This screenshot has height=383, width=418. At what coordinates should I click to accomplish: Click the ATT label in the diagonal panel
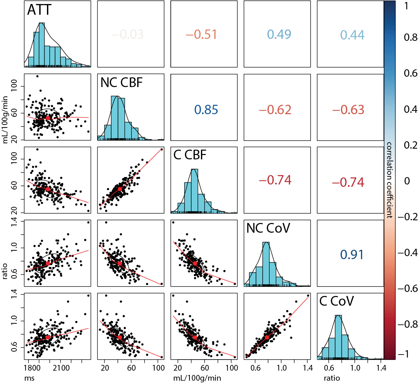[x=39, y=10]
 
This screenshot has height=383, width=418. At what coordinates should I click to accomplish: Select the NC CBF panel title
[x=121, y=83]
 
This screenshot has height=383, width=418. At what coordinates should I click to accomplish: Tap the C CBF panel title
[x=190, y=155]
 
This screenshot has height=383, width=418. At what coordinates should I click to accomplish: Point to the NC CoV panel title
[x=268, y=228]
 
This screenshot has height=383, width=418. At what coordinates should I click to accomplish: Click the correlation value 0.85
[x=206, y=110]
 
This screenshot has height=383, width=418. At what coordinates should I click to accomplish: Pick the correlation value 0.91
[x=352, y=255]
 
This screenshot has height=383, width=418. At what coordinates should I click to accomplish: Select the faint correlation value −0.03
[x=127, y=34]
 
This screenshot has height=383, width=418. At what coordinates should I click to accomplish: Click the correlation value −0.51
[x=201, y=34]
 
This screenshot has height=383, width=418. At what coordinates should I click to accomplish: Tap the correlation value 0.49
[x=279, y=34]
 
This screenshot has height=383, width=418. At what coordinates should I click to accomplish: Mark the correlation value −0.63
[x=348, y=110]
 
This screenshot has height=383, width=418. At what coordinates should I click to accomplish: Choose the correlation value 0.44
[x=352, y=35]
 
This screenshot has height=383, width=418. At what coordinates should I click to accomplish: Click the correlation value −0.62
[x=275, y=110]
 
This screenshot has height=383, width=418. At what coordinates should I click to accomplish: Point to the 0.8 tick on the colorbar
[x=410, y=37]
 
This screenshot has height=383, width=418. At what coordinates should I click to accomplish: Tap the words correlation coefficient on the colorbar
[x=389, y=180]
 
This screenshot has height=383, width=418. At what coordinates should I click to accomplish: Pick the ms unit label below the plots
[x=30, y=378]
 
